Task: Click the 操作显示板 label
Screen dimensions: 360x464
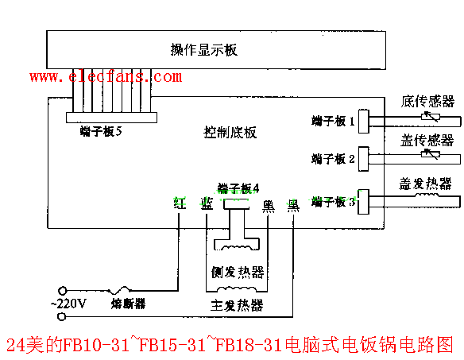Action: pos(204,50)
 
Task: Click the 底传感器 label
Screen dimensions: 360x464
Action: pos(427,101)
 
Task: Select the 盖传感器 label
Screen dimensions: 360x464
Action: pos(427,140)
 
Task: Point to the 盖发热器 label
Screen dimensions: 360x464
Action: pos(426,183)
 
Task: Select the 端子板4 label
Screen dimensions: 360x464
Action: pos(238,188)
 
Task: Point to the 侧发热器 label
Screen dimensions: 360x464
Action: pos(237,273)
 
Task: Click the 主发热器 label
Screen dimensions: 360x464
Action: pos(237,306)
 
